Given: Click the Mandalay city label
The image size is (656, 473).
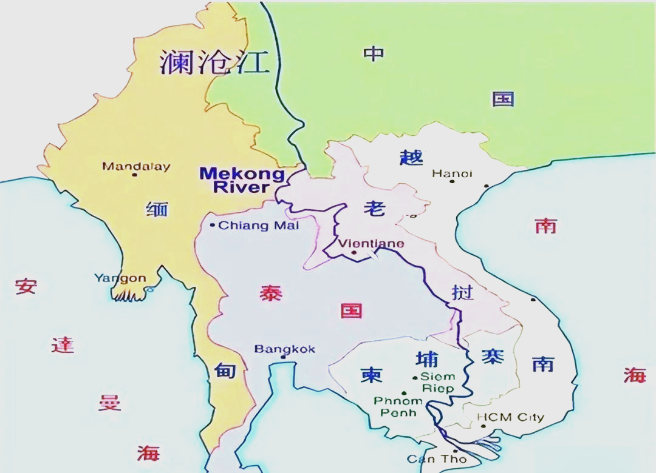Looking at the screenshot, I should click(136, 166).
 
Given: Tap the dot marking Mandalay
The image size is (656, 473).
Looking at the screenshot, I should click(134, 175).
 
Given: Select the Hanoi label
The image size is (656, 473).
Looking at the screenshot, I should click(452, 173).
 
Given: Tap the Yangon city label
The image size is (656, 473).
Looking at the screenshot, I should click(120, 278).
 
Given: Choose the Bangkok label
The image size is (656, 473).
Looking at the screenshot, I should click(284, 349).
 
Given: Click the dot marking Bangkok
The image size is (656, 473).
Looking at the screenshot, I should click(283, 357).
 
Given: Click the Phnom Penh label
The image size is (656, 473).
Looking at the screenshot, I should click(398, 406).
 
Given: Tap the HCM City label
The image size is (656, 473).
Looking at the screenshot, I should click(510, 417).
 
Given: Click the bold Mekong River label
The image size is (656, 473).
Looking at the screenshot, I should click(242, 180).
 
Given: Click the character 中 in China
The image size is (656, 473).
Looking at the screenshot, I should click(374, 54).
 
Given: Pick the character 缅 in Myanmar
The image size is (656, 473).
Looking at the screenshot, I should click(157, 210).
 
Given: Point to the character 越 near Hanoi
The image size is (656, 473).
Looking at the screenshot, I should click(411, 156).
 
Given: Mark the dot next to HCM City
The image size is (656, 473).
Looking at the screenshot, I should click(483, 426).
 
